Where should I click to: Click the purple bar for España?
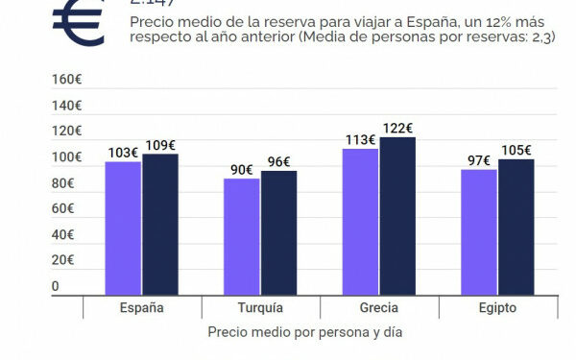(123, 227)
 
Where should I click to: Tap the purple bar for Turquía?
(242, 235)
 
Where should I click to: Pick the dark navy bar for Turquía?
(278, 231)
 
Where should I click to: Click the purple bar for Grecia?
(360, 220)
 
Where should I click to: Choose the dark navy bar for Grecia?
(397, 214)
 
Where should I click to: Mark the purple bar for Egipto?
(478, 230)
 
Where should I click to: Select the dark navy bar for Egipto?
(516, 226)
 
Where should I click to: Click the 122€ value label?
(396, 128)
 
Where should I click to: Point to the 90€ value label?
(241, 170)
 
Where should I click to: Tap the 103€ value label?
(123, 153)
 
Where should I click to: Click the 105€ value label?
(516, 150)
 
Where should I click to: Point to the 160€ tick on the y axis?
(68, 80)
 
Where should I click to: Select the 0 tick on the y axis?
(55, 286)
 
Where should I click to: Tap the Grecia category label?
(378, 308)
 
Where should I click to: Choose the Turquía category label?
(260, 308)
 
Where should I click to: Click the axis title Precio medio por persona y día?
(305, 332)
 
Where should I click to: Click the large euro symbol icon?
(79, 21)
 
